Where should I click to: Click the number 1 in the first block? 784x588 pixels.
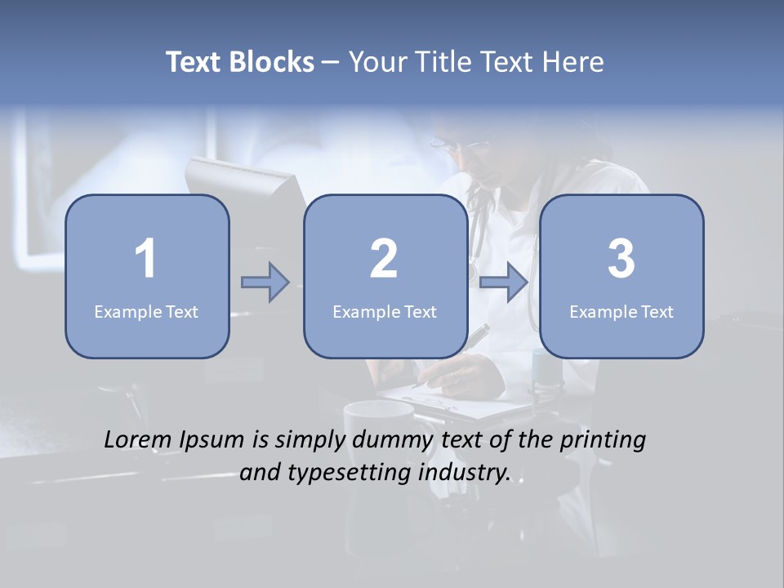click(145, 259)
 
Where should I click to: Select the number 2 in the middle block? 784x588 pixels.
click(384, 259)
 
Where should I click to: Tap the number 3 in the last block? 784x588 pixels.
click(621, 259)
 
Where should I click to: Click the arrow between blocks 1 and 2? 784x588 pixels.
click(265, 283)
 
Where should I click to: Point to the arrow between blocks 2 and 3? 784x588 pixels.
click(503, 283)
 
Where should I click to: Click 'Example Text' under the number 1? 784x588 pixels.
click(146, 311)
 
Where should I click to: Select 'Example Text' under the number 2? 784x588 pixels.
click(385, 311)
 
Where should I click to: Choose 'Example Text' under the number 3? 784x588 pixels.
click(621, 311)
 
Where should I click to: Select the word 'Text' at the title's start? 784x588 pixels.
click(194, 62)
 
